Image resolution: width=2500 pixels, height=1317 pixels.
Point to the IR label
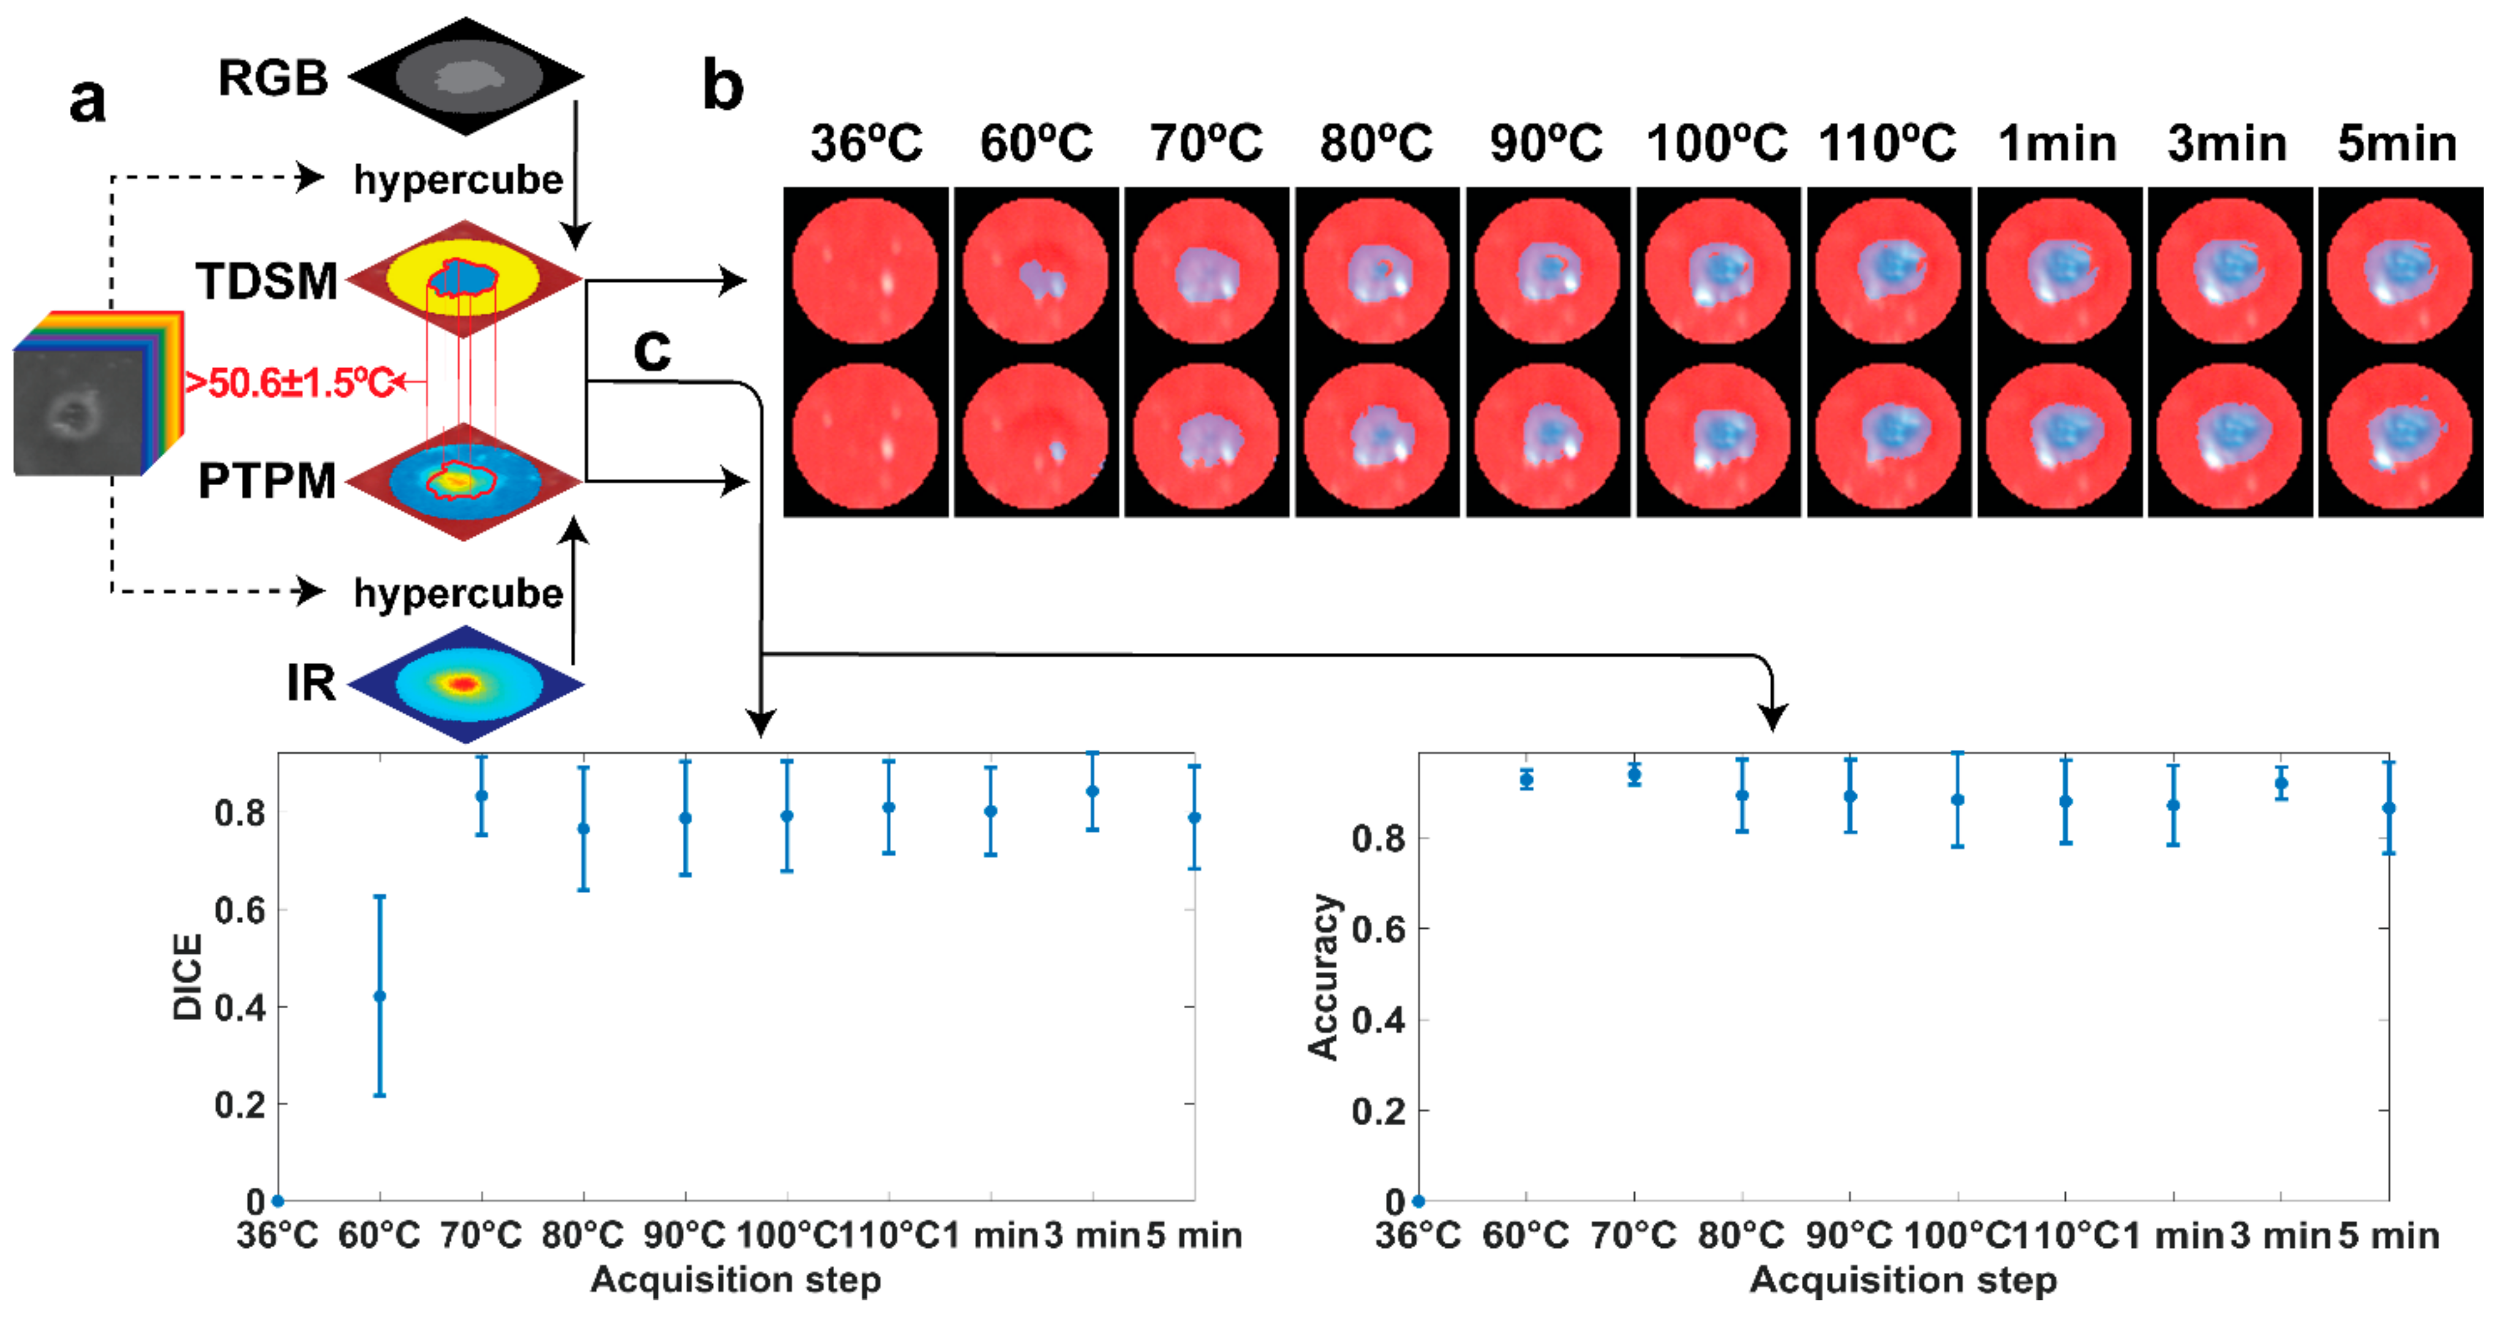(x=311, y=682)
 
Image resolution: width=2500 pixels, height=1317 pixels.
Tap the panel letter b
(x=723, y=85)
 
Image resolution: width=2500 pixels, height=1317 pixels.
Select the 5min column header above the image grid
(x=2397, y=143)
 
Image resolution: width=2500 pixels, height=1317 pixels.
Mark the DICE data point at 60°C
(x=380, y=996)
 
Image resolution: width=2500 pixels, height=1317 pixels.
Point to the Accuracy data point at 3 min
(x=2281, y=782)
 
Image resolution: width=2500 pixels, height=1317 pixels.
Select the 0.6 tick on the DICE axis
(x=239, y=910)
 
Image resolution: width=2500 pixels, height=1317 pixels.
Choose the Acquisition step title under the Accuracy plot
(x=1902, y=1279)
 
